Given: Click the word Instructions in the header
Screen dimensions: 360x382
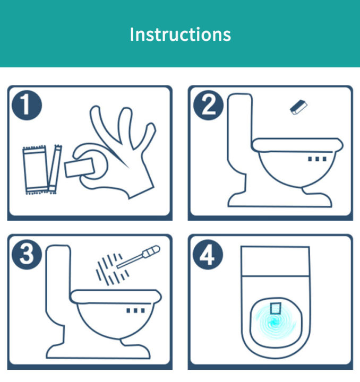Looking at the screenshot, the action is tap(180, 34).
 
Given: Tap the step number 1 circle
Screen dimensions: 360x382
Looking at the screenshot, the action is tap(27, 105).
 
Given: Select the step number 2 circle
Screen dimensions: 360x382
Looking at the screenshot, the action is tap(208, 105).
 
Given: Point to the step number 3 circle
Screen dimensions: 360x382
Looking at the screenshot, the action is tap(27, 255).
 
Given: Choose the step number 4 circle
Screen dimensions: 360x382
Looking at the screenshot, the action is tap(208, 255).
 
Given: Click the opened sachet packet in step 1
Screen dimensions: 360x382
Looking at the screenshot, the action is tap(36, 170).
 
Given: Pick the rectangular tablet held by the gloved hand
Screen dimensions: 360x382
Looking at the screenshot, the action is tap(79, 167).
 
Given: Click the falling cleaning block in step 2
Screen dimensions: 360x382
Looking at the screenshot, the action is tap(298, 107).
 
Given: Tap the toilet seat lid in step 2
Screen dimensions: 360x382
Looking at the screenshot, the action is tap(297, 145).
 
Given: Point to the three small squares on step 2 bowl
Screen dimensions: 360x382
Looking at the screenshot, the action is tap(317, 159).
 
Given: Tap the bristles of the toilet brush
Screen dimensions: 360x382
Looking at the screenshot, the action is tap(111, 269).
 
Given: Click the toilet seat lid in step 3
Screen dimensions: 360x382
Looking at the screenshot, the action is tap(116, 297).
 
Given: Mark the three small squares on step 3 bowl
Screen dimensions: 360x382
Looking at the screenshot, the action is tap(135, 310).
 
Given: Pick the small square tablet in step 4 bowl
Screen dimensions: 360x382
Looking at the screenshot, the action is tap(276, 308).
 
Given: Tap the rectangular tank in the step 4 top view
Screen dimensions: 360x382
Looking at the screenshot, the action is tap(276, 261).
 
